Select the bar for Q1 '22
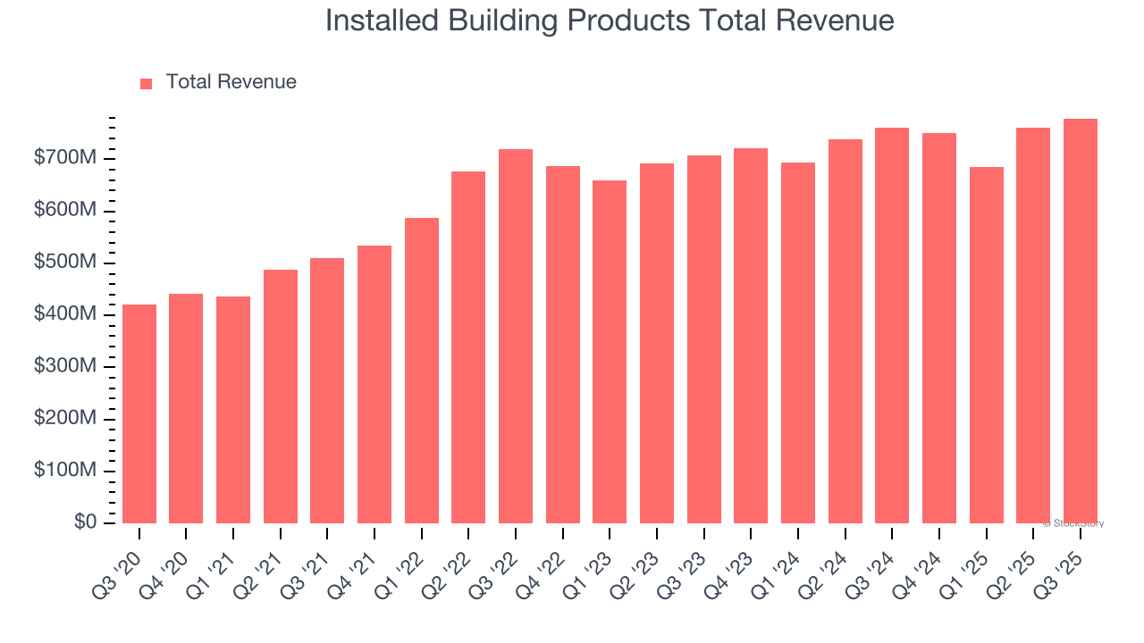(422, 371)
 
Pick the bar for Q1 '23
(610, 352)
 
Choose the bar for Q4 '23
(751, 336)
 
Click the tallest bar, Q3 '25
(1081, 321)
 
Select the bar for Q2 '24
(845, 331)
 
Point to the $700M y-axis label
(65, 158)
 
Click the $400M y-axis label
(65, 314)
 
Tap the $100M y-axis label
(65, 471)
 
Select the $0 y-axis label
(84, 522)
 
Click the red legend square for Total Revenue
(147, 83)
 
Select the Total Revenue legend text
(231, 82)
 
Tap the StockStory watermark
(1073, 523)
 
